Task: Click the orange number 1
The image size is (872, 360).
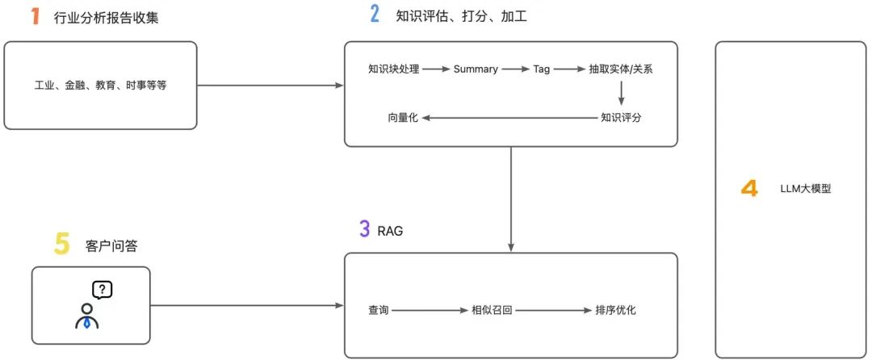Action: [x=35, y=16]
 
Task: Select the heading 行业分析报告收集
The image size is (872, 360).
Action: [x=106, y=17]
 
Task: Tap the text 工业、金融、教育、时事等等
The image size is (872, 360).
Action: [x=100, y=85]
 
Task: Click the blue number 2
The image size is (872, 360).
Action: [x=374, y=15]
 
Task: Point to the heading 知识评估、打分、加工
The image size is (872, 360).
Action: [x=461, y=15]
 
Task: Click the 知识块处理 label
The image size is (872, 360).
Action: [x=393, y=69]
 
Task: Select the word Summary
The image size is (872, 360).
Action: [x=476, y=69]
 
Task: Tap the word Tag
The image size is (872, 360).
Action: [x=541, y=69]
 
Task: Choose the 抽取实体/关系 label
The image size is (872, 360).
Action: [x=621, y=69]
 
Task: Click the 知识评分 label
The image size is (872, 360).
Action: [x=621, y=118]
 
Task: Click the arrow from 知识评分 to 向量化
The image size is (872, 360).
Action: [x=509, y=118]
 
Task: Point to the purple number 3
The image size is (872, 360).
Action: [x=365, y=228]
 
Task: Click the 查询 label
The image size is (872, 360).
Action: [x=379, y=309]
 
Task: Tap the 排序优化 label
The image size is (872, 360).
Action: [x=615, y=309]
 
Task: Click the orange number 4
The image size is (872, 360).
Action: [x=749, y=190]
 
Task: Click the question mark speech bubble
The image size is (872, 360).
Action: [x=102, y=288]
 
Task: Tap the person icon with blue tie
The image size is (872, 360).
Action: [x=86, y=316]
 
